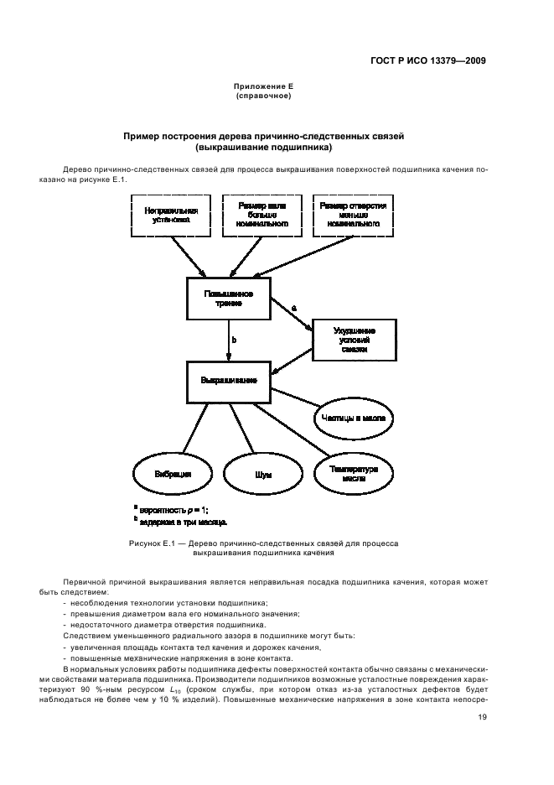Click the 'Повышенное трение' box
coord(229,299)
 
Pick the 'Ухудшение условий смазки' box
coord(355,339)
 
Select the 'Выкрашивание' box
coord(229,380)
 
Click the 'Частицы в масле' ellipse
coord(353,416)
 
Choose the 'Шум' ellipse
coord(263,474)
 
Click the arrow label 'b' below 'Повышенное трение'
coord(234,341)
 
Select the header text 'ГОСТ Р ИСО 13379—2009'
coord(427,61)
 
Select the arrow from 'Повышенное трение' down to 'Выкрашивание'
coord(229,340)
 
